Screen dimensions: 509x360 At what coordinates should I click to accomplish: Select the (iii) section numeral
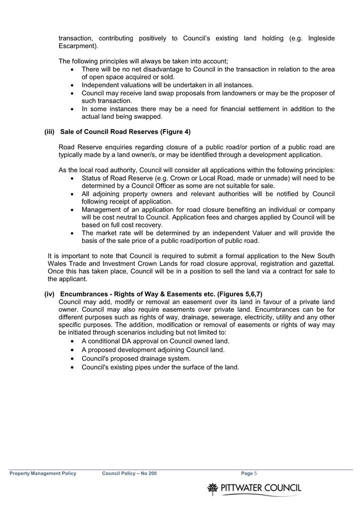click(x=50, y=131)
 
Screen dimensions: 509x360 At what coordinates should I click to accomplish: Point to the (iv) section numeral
click(x=50, y=294)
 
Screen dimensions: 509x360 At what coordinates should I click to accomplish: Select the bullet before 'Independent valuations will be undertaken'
click(x=73, y=84)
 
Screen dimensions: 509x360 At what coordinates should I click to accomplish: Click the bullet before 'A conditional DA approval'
click(x=73, y=341)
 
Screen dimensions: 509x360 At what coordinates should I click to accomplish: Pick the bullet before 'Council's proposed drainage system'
click(x=73, y=358)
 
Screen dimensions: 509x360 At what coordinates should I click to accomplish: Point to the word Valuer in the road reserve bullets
click(x=271, y=232)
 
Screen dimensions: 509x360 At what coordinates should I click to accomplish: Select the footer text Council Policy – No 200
click(x=129, y=473)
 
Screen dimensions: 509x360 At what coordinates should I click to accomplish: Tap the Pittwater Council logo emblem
click(x=213, y=488)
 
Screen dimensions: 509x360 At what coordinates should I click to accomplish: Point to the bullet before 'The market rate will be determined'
click(x=73, y=232)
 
